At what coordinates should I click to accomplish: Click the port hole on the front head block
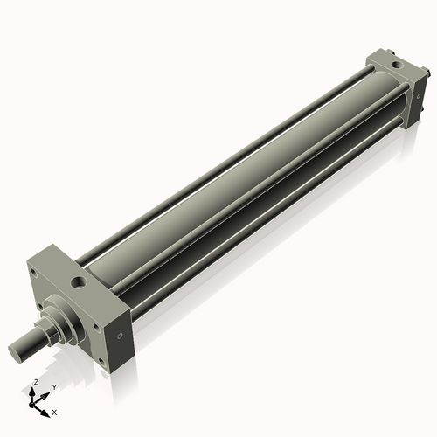(x=81, y=282)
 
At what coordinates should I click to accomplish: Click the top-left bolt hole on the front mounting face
(x=33, y=272)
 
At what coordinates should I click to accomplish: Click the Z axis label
(x=35, y=383)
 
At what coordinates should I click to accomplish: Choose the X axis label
(x=55, y=411)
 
